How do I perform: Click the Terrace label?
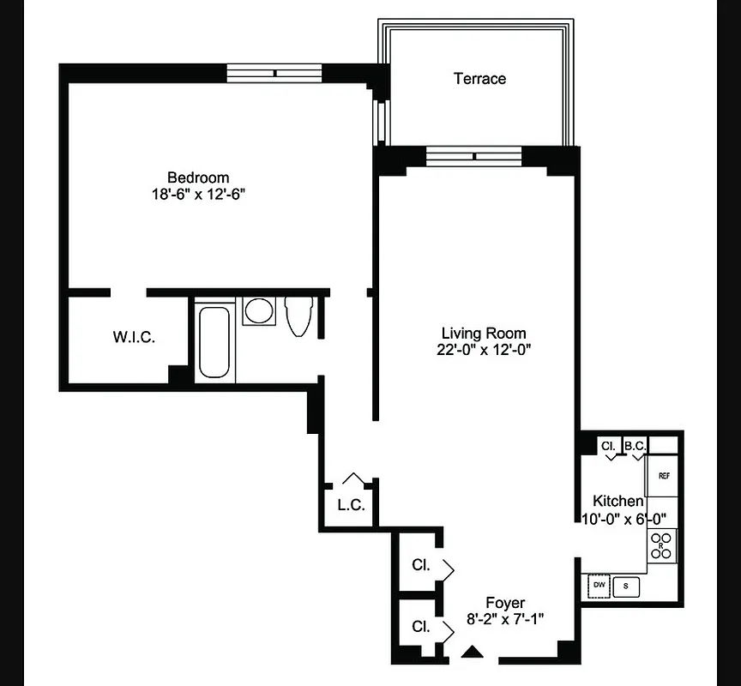coord(479,79)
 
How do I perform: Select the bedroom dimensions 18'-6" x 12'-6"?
coord(198,195)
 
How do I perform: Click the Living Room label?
coord(484,333)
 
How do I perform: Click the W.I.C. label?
coord(134,337)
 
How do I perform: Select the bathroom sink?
coord(256,310)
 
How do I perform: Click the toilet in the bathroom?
coord(298,316)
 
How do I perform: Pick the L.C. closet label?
coord(351,505)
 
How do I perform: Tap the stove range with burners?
coord(661,545)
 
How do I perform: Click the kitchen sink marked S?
coord(626,586)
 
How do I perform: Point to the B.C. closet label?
coord(635,446)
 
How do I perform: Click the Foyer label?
coord(505,603)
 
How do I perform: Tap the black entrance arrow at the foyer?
coord(471,653)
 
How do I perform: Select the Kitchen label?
coord(617,502)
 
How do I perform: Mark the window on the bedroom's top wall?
coord(274,73)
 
